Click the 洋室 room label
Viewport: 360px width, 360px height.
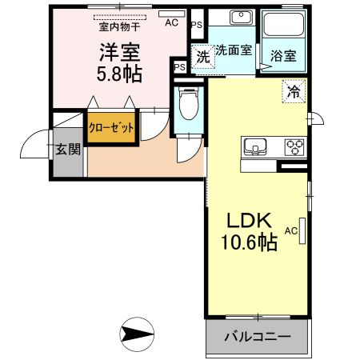120,54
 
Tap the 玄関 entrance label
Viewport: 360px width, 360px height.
67,149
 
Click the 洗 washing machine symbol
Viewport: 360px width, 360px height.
204,56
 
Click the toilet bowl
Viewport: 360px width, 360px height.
189,106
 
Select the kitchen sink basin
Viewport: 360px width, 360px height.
255,146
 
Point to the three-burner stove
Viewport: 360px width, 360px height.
294,146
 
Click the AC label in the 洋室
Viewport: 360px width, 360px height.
171,23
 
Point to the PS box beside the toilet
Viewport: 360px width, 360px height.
179,67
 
